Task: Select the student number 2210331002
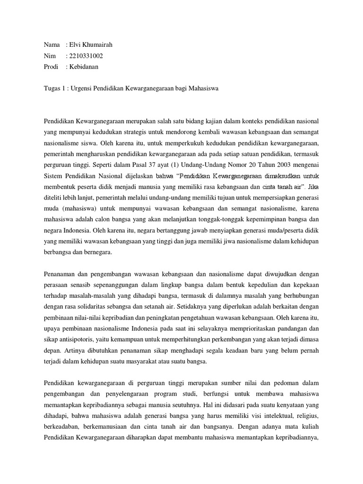(x=86, y=56)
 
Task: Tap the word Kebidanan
(x=84, y=67)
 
